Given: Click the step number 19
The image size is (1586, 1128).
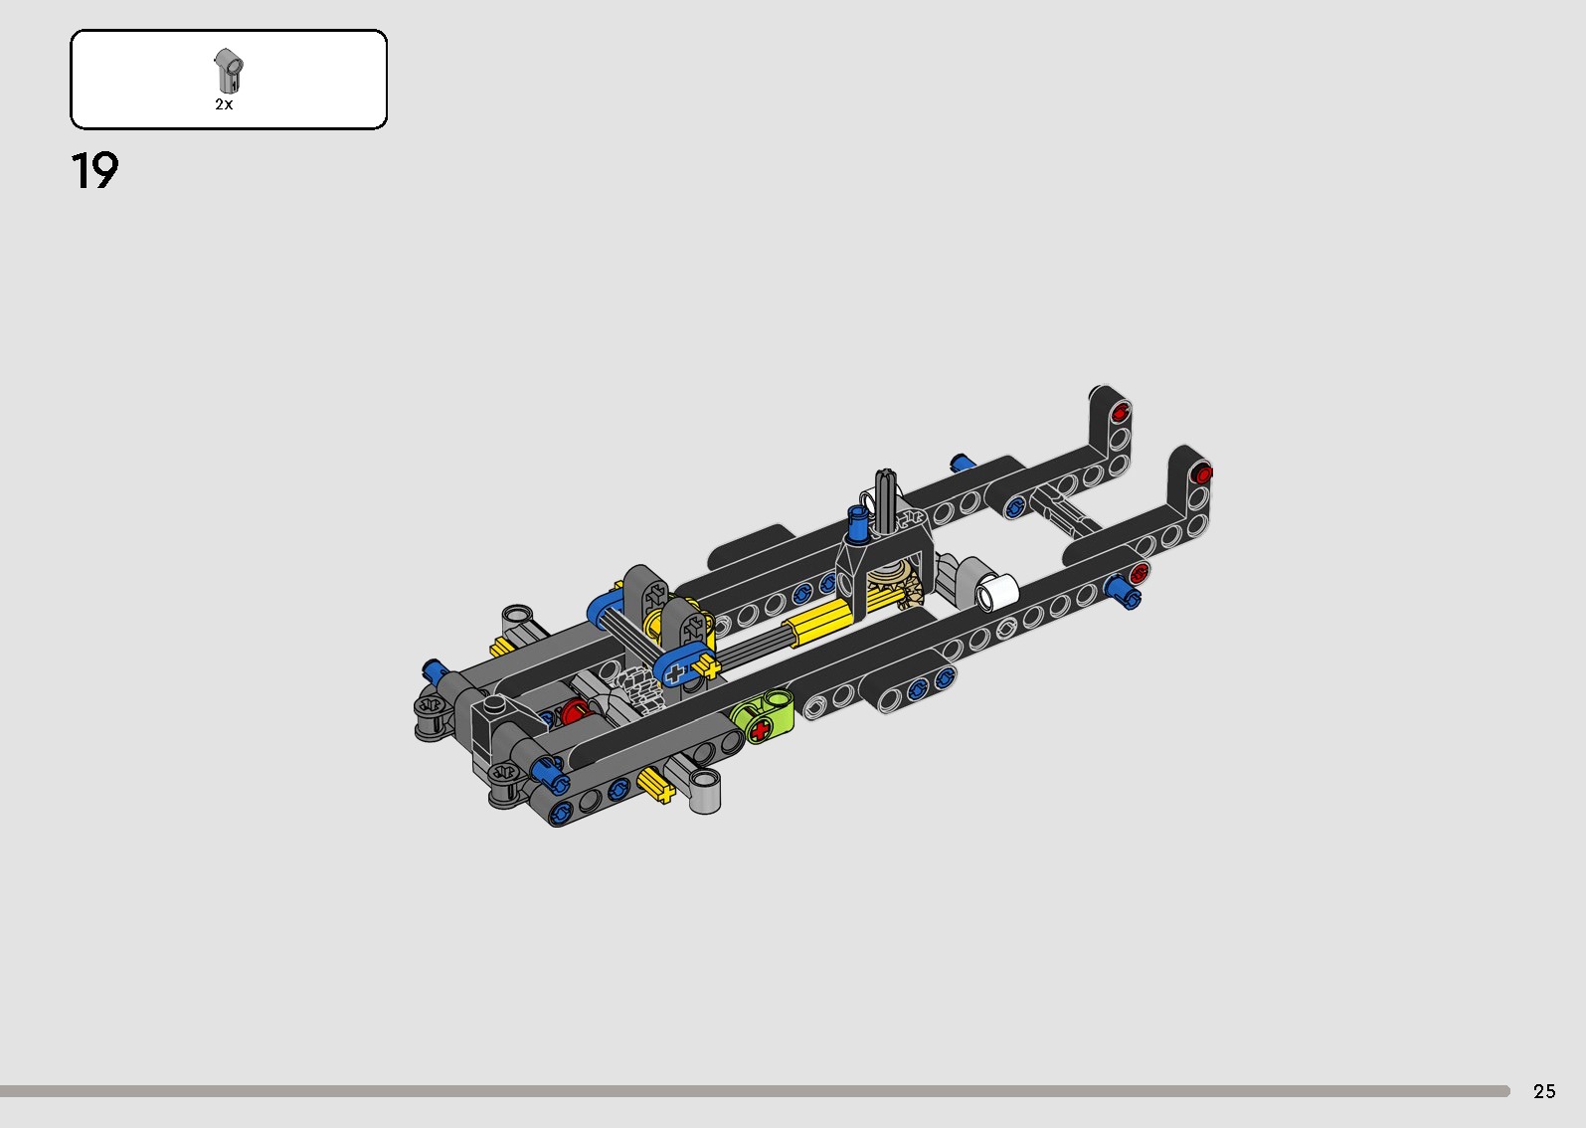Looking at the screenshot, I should pyautogui.click(x=94, y=171).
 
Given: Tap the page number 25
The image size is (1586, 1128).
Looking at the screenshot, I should pyautogui.click(x=1543, y=1091).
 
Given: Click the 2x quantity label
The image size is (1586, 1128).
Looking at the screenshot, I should pyautogui.click(x=224, y=104).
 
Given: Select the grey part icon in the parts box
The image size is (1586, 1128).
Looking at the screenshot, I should pyautogui.click(x=228, y=71).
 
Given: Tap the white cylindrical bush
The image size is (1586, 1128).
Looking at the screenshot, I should pyautogui.click(x=996, y=592).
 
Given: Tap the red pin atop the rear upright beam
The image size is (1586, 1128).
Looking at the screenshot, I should pyautogui.click(x=1122, y=411).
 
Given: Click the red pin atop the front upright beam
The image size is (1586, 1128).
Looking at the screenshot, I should pyautogui.click(x=1201, y=472).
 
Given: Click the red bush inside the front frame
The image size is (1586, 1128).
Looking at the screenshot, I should pyautogui.click(x=575, y=712).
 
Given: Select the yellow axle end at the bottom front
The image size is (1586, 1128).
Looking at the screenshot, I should pyautogui.click(x=657, y=787).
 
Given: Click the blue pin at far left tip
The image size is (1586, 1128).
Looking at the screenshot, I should pyautogui.click(x=432, y=668).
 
